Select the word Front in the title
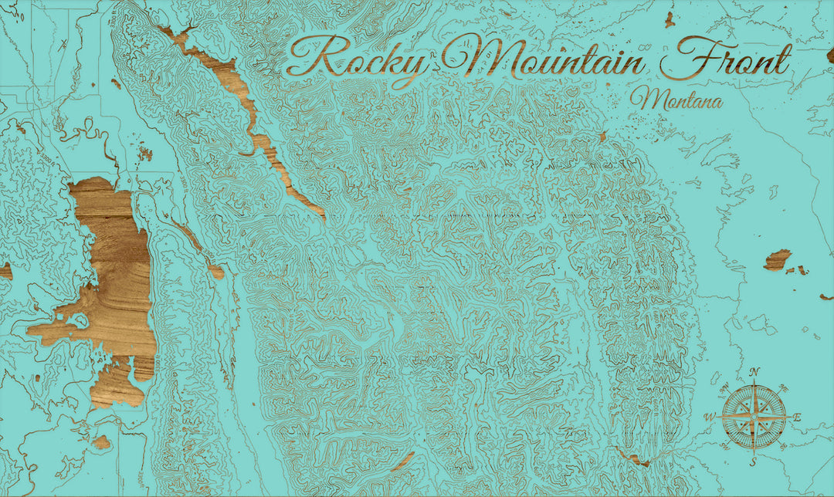pos(726,61)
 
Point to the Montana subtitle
pos(676,100)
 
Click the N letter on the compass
pos(754,372)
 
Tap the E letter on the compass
pos(798,418)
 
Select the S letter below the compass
pos(754,462)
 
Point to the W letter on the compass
pos(709,418)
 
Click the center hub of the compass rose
pos(754,418)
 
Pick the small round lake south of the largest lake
pos(101,442)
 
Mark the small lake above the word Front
pos(670,19)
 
